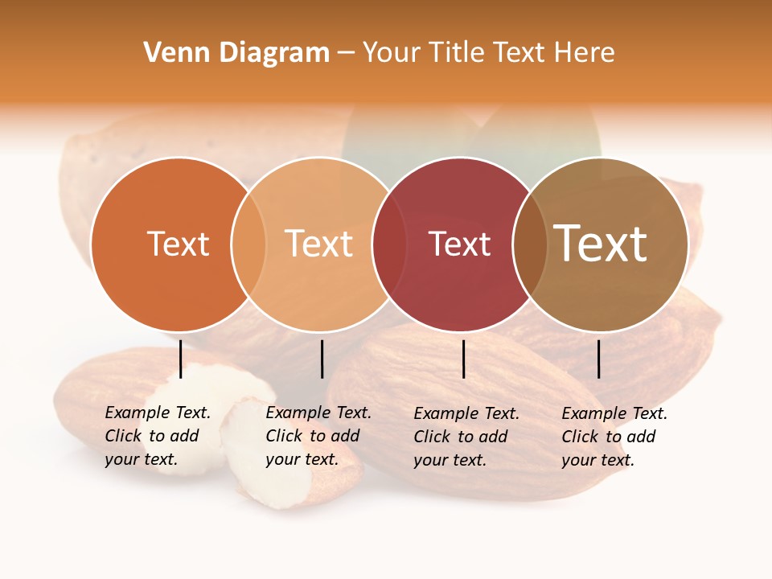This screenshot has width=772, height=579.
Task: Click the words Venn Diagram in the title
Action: point(236,53)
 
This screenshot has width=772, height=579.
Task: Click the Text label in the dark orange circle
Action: point(178,244)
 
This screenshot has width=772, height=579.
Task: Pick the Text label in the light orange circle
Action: point(319,244)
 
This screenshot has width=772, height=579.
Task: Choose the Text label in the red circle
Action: point(459,244)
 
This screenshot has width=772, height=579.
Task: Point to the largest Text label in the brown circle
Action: point(601,244)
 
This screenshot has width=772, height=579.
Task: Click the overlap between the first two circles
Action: point(248,244)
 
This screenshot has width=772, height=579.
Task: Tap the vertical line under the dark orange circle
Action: point(181,359)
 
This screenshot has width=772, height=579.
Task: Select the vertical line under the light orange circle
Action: point(322,359)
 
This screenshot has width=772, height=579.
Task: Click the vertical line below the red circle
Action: point(463,359)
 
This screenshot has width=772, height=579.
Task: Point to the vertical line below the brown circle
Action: point(599,359)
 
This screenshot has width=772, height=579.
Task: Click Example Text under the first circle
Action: point(158,413)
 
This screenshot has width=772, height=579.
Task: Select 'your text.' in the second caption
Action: point(302,460)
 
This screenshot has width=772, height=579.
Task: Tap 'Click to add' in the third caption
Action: point(461,437)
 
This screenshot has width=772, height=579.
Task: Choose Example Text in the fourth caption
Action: point(614,413)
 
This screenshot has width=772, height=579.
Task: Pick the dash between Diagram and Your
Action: point(346,53)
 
